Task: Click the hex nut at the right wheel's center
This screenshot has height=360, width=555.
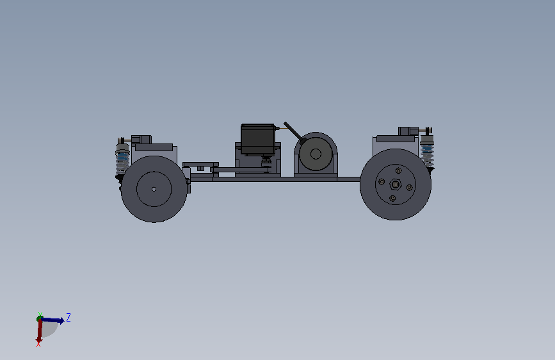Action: point(396,184)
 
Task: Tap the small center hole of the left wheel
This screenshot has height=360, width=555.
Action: point(154,189)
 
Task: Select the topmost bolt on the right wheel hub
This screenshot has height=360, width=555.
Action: point(399,171)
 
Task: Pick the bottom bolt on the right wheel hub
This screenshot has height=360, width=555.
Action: point(392,199)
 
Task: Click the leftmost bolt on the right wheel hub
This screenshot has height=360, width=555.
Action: point(382,182)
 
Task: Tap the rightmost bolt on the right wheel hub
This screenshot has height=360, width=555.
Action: point(410,188)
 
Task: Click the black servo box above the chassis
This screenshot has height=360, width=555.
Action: point(258,139)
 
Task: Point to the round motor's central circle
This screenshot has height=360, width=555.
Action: point(316,154)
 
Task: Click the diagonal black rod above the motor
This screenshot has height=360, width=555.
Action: point(295,133)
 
